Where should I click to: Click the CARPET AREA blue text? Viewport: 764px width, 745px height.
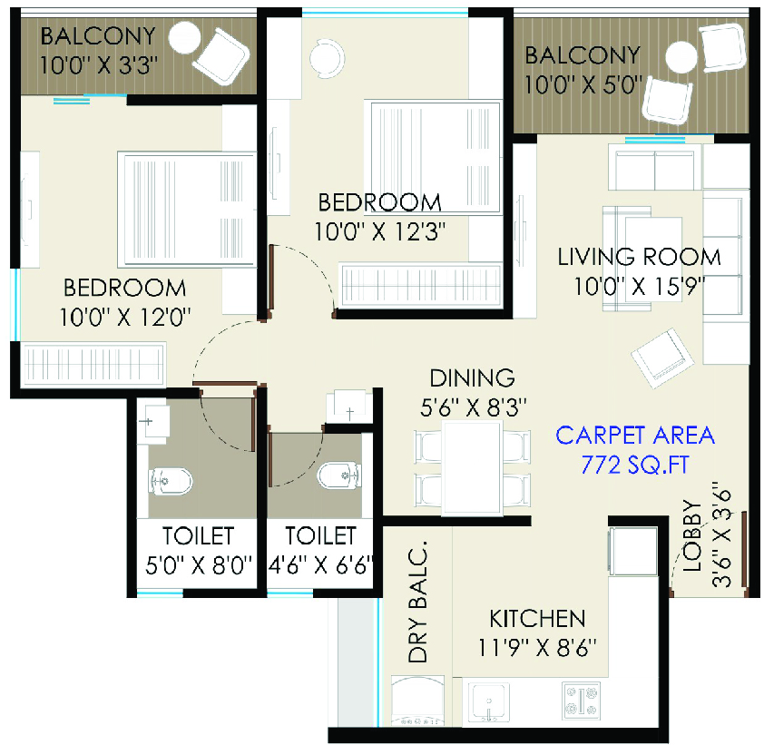(x=635, y=435)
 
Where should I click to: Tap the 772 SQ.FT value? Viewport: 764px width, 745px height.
(x=635, y=465)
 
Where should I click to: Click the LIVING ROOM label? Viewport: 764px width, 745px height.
(x=639, y=257)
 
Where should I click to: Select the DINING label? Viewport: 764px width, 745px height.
(x=472, y=377)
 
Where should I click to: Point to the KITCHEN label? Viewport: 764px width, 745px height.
(x=537, y=618)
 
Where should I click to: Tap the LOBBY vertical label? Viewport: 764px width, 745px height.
(x=692, y=535)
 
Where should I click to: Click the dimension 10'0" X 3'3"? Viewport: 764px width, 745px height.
(x=98, y=64)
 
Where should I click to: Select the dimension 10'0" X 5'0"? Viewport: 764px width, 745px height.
(x=583, y=84)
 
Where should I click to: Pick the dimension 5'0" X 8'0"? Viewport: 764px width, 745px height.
(x=199, y=565)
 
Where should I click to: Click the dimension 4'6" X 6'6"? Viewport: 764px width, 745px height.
(x=320, y=565)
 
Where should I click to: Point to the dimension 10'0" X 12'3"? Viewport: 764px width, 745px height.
(x=379, y=231)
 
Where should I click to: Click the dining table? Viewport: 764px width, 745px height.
(x=472, y=468)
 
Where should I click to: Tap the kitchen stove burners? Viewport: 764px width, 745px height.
(x=581, y=701)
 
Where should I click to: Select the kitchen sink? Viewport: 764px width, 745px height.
(x=489, y=702)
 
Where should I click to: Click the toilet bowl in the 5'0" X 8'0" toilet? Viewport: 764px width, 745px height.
(x=170, y=482)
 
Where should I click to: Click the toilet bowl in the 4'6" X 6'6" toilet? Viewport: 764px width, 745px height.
(x=339, y=475)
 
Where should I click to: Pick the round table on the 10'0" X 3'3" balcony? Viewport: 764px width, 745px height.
(x=184, y=37)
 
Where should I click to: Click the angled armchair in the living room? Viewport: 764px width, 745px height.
(x=662, y=358)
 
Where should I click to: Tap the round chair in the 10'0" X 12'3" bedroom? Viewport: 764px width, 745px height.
(x=327, y=58)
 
